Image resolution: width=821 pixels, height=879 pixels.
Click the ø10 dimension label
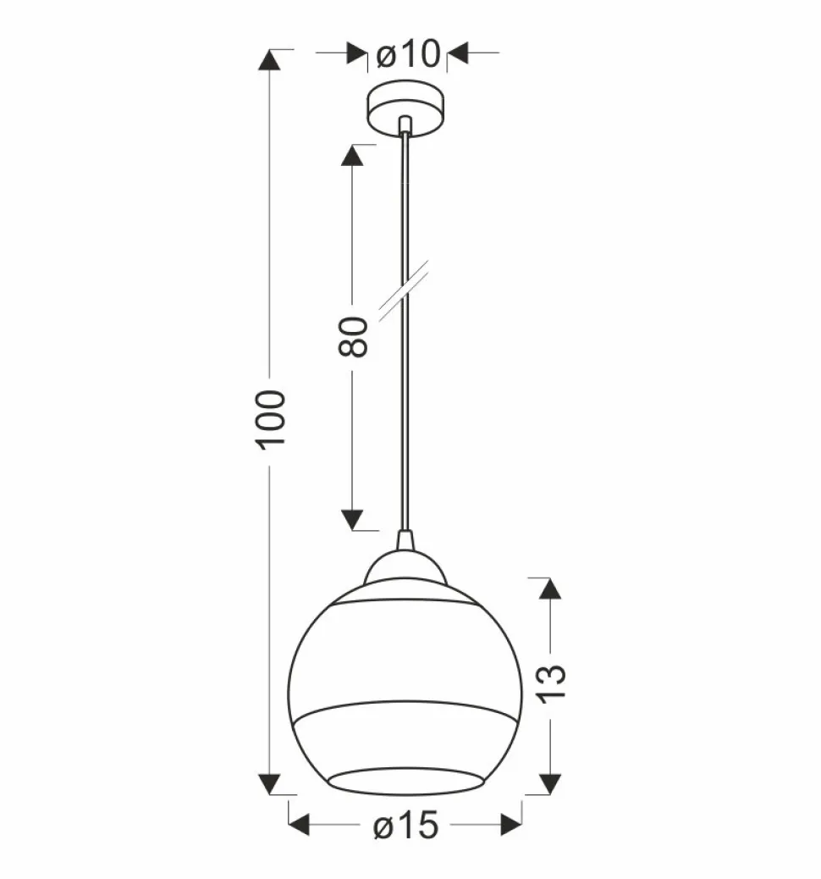(408, 54)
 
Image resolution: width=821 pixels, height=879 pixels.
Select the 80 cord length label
(353, 336)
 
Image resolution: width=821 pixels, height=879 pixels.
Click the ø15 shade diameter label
(405, 826)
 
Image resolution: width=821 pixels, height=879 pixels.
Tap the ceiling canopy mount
(406, 108)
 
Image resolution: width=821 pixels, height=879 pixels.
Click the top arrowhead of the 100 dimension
(269, 60)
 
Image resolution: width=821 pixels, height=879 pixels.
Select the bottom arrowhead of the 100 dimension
(269, 783)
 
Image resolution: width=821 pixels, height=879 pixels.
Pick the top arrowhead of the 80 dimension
(352, 156)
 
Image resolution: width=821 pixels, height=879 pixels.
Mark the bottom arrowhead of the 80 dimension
(352, 520)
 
